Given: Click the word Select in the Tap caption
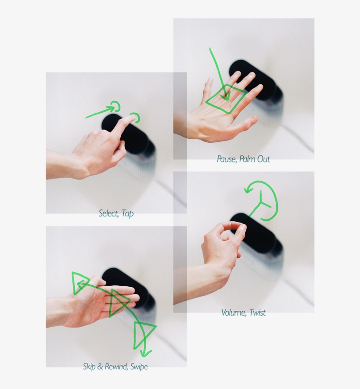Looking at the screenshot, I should coord(108,214).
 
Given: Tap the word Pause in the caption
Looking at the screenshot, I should coord(227,159).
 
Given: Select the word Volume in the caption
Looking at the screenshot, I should coord(233,313).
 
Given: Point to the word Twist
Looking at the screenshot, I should coord(257,313).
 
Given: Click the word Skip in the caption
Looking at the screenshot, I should coord(90,366).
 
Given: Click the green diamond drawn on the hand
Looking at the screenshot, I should coord(227,99).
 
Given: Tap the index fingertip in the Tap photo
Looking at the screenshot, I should coord(132,119).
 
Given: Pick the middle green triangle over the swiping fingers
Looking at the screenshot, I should coord(118,302).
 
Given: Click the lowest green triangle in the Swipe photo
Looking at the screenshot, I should coord(144,334).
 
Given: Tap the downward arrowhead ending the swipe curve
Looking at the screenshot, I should coord(144,353).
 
